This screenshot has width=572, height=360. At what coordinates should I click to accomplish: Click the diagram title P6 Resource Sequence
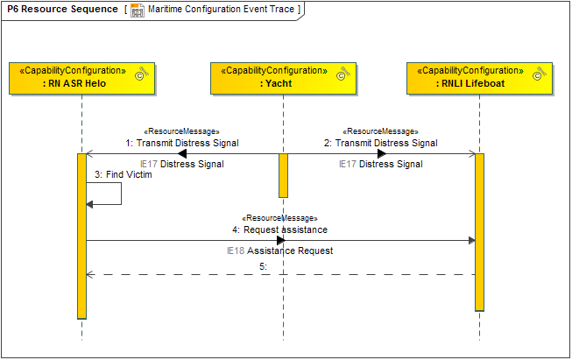click(x=62, y=10)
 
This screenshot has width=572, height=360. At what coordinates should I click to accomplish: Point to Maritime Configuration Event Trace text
click(x=223, y=10)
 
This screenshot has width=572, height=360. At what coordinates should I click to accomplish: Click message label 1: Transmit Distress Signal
click(x=181, y=143)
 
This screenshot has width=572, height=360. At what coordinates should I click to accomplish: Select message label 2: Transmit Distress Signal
click(x=380, y=143)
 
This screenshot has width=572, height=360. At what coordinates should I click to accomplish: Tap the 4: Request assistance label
click(x=279, y=229)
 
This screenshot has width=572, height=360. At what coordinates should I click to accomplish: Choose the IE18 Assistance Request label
click(x=279, y=251)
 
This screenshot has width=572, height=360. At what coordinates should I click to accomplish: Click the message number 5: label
click(x=262, y=265)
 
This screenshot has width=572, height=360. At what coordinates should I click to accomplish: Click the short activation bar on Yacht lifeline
click(x=283, y=175)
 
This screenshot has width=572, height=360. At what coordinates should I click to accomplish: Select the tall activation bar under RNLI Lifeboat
click(x=479, y=232)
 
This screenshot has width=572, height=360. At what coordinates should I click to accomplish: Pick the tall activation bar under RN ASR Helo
click(x=81, y=236)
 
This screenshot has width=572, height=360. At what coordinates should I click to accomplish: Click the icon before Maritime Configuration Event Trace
click(x=138, y=10)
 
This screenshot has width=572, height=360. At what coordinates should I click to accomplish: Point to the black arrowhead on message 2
click(x=382, y=154)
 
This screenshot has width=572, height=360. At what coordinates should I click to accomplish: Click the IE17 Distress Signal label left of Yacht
click(x=181, y=164)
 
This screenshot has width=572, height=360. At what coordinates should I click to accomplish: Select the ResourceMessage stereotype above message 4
click(x=279, y=217)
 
